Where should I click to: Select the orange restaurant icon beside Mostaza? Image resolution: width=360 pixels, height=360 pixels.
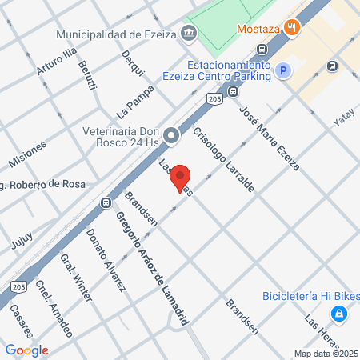point(293,27)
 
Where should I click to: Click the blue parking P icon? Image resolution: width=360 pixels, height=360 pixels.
point(282,72)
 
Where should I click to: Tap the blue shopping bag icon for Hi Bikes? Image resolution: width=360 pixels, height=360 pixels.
point(340,314)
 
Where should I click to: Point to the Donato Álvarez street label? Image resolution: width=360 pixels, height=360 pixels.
point(106,259)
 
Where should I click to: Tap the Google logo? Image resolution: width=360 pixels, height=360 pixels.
point(26,350)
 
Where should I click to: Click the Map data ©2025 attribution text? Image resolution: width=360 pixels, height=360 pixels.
point(325,354)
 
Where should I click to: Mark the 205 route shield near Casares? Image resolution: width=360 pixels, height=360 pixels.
point(18,286)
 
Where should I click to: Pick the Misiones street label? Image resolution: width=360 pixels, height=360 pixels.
point(27,153)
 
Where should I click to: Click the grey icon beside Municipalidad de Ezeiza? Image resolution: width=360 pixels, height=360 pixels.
point(189,34)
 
